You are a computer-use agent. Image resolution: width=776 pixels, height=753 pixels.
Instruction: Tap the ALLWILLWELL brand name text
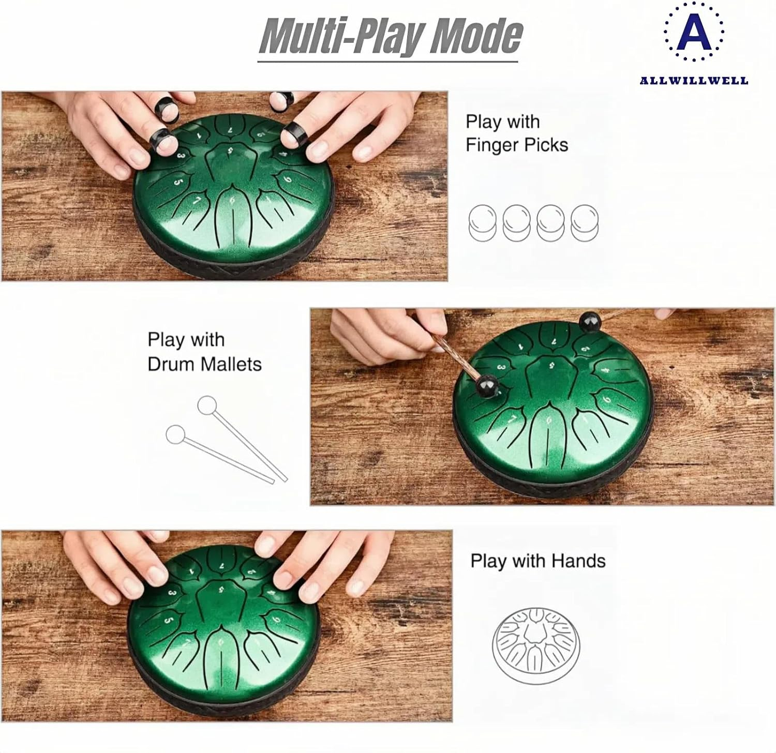pyautogui.click(x=694, y=81)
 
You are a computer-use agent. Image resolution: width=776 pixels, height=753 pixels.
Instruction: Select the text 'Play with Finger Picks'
pyautogui.click(x=516, y=133)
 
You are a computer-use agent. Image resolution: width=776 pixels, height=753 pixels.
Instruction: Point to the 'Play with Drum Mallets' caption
pyautogui.click(x=204, y=352)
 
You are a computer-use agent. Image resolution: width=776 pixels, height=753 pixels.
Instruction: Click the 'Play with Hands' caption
pyautogui.click(x=538, y=561)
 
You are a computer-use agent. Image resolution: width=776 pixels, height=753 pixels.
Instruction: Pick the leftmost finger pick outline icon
pyautogui.click(x=482, y=222)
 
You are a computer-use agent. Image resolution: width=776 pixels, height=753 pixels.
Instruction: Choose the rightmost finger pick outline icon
pyautogui.click(x=585, y=222)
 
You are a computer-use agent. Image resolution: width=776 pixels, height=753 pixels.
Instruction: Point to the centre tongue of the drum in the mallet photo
pyautogui.click(x=550, y=373)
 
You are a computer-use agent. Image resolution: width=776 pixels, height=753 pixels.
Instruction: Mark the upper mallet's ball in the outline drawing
pyautogui.click(x=207, y=405)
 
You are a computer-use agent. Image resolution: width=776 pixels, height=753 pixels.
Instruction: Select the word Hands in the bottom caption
pyautogui.click(x=578, y=561)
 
